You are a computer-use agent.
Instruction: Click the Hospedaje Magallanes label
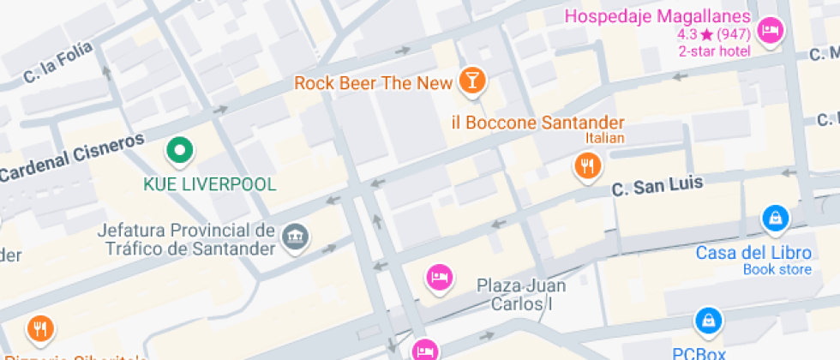pyautogui.click(x=657, y=17)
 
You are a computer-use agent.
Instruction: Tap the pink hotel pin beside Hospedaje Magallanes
pyautogui.click(x=771, y=31)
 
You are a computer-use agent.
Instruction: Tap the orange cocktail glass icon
pyautogui.click(x=471, y=81)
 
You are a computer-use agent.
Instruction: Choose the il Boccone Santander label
pyautogui.click(x=537, y=123)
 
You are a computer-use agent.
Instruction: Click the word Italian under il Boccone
pyautogui.click(x=605, y=138)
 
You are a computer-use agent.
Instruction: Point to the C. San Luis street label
pyautogui.click(x=657, y=185)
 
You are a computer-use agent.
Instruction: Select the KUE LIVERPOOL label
pyautogui.click(x=209, y=184)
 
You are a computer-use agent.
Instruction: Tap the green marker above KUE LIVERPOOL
pyautogui.click(x=179, y=152)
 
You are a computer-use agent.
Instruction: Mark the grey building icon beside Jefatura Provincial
pyautogui.click(x=295, y=237)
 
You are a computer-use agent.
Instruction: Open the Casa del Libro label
pyautogui.click(x=753, y=253)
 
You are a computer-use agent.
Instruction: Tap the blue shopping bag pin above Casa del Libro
pyautogui.click(x=775, y=219)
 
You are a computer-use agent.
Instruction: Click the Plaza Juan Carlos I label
pyautogui.click(x=523, y=294)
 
